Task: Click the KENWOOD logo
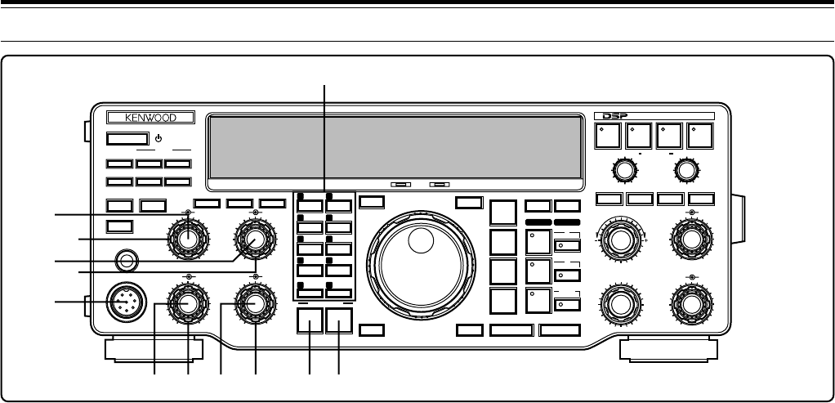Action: click(145, 118)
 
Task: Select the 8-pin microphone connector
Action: click(123, 302)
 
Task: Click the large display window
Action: click(394, 146)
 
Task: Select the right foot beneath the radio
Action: click(668, 350)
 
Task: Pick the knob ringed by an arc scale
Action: click(620, 239)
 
